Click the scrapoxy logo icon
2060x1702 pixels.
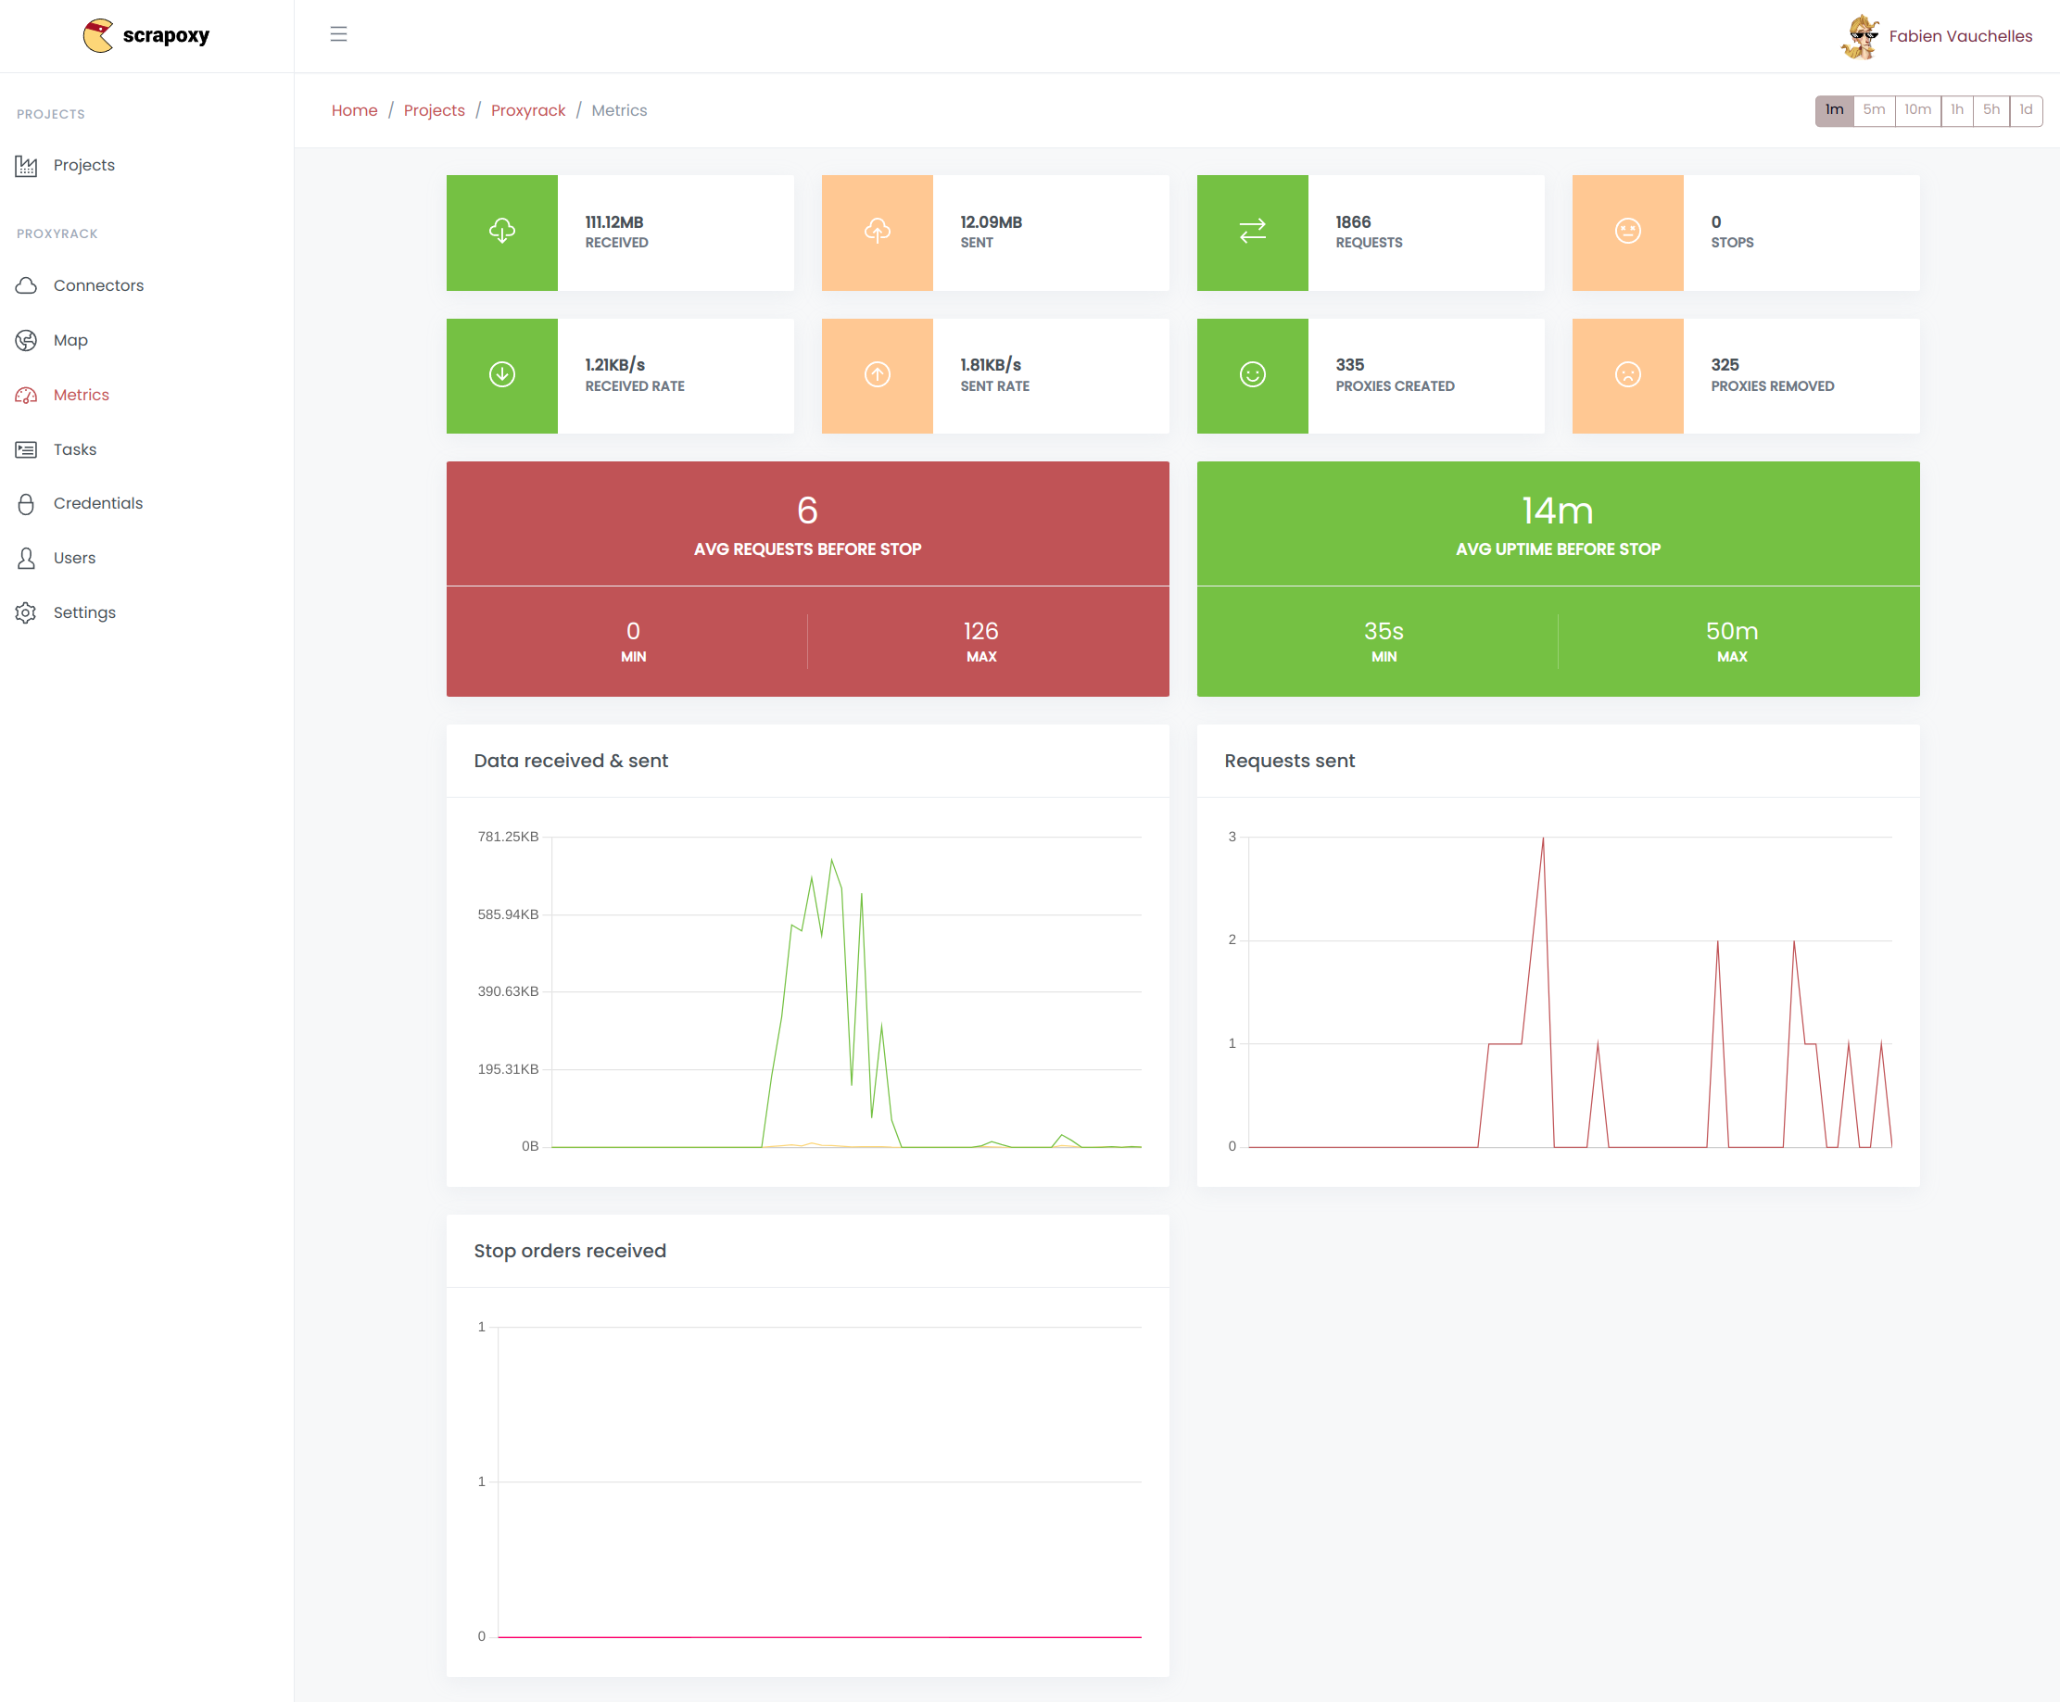[98, 35]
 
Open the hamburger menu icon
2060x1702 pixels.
[338, 34]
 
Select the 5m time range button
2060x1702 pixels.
[1873, 110]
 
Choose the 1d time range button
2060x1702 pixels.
[2025, 110]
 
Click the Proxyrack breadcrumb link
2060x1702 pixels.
[527, 111]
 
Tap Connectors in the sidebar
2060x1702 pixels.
[98, 285]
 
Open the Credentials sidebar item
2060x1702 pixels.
[98, 503]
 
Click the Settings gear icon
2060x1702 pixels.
[27, 612]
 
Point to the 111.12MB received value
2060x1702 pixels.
[613, 222]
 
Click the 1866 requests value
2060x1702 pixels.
[1352, 222]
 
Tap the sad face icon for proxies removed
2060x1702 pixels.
[1626, 374]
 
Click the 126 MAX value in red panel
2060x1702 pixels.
[980, 631]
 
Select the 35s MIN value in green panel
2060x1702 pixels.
[1383, 631]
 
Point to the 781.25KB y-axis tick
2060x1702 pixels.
[508, 837]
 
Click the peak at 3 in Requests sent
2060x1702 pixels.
[1542, 839]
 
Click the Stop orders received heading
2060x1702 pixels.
[570, 1251]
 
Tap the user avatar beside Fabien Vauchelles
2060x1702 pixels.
[1859, 37]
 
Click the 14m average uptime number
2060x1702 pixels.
[1557, 511]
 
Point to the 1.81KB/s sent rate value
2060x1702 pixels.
[991, 365]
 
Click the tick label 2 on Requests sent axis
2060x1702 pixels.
[1232, 939]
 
